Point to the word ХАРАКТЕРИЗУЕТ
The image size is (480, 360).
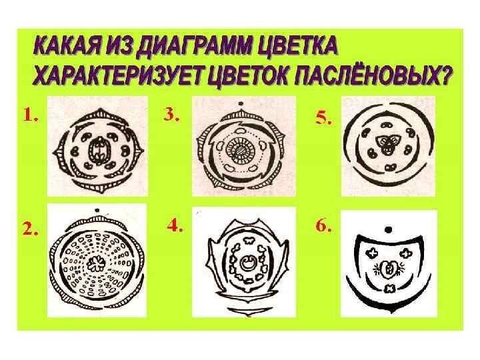click(118, 75)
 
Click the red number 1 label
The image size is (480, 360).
click(31, 116)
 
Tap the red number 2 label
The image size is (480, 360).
click(30, 228)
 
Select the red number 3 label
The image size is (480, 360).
click(171, 115)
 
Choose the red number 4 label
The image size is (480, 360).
click(175, 226)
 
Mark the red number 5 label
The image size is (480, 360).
click(323, 118)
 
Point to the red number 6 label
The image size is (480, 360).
click(323, 226)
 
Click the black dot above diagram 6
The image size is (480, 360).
click(388, 229)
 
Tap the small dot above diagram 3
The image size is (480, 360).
click(241, 103)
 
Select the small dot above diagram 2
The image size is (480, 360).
click(97, 210)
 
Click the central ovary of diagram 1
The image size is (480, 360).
click(99, 151)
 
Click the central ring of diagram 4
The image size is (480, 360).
click(247, 263)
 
